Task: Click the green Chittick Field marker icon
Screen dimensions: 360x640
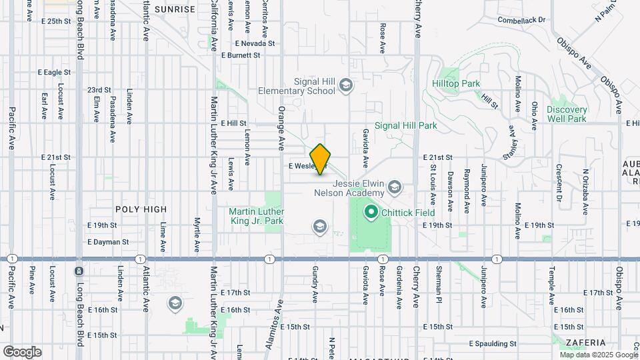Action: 370,213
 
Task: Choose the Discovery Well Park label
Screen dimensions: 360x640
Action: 567,114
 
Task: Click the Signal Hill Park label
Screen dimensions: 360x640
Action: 405,125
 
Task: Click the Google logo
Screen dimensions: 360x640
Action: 21,351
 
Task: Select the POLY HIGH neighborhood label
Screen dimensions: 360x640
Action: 141,209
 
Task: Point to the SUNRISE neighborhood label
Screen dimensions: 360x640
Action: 175,9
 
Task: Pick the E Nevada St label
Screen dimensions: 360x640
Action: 255,43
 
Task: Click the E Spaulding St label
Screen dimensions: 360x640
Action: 493,344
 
